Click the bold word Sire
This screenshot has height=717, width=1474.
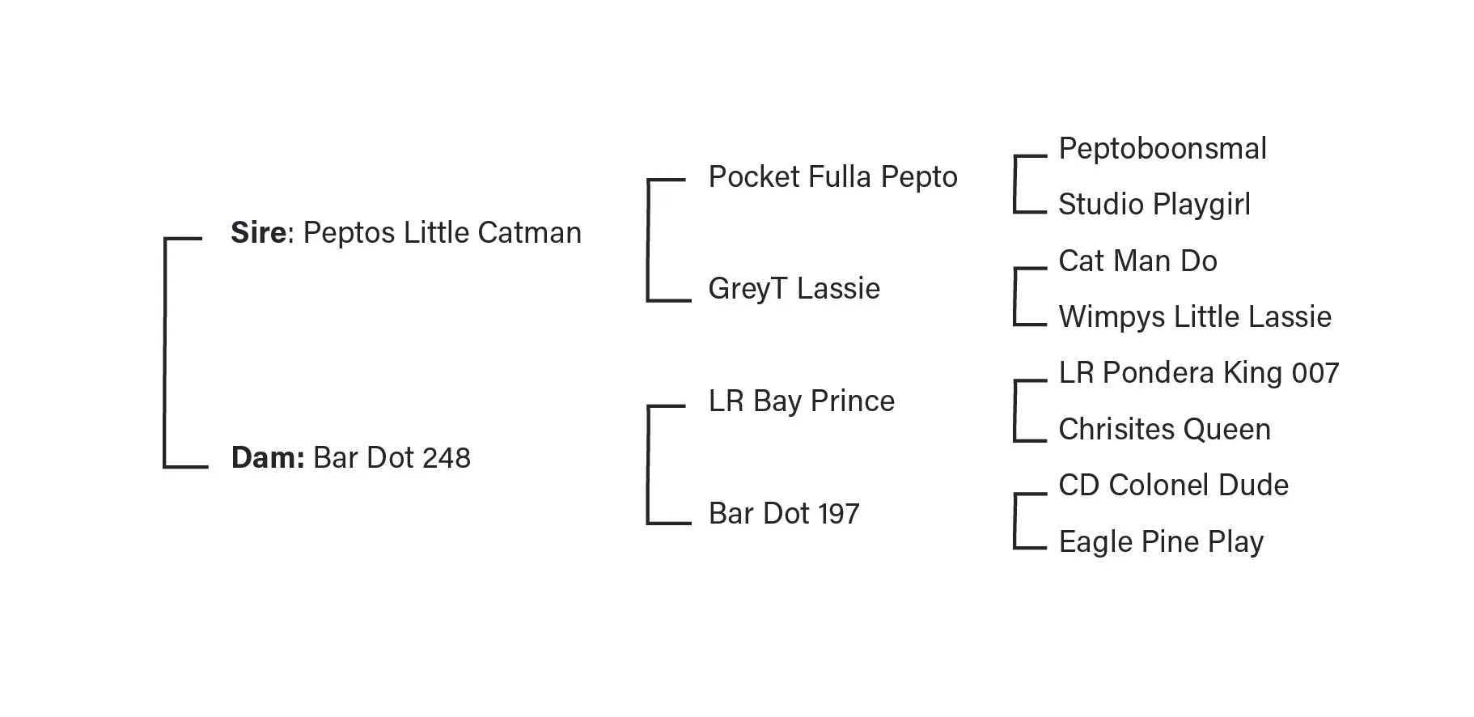pos(257,233)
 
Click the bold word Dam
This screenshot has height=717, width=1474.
pos(266,458)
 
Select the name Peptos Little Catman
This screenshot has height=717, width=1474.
pos(442,233)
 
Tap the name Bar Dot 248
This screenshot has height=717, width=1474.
pos(392,458)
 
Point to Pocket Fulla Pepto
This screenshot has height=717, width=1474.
pos(832,177)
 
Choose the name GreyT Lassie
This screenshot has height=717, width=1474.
pos(794,289)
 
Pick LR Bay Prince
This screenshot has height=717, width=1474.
pos(801,401)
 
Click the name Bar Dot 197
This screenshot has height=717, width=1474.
pos(783,514)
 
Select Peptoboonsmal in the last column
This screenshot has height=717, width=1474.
pos(1162,149)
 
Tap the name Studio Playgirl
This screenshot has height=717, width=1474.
pos(1154,205)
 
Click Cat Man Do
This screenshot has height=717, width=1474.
pos(1137,261)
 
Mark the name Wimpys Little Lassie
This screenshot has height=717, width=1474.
pos(1194,317)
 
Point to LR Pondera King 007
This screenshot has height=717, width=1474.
pos(1198,373)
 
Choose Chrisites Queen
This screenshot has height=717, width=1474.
pos(1164,430)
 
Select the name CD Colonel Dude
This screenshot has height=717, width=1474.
pos(1173,486)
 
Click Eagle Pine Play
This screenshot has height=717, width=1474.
pos(1160,542)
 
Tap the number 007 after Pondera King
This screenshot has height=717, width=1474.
pos(1315,373)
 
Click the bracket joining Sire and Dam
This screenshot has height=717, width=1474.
pos(165,352)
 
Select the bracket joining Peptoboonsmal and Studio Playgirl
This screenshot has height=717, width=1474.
pos(1014,185)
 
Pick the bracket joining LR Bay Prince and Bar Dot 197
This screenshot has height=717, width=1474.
pos(648,465)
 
